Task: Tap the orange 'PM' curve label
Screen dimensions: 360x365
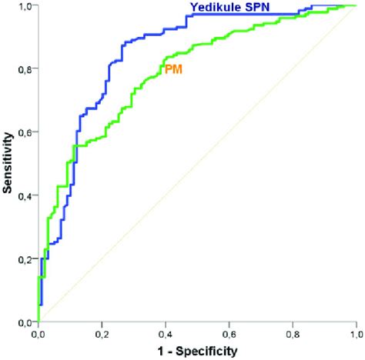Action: tap(173, 69)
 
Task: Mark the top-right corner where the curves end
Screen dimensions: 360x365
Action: tap(356, 6)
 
